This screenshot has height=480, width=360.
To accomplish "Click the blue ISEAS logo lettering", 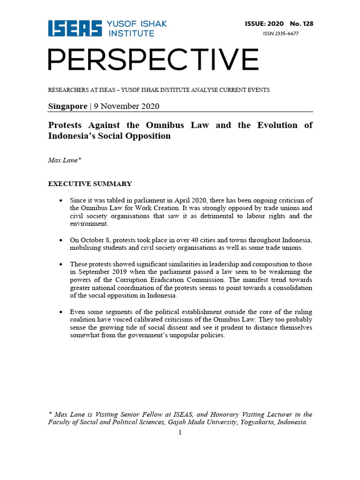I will [x=75, y=29].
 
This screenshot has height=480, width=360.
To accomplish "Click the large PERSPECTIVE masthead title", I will [x=153, y=60].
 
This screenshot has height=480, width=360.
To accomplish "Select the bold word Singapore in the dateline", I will [x=67, y=106].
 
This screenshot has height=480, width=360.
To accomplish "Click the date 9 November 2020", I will [x=126, y=106].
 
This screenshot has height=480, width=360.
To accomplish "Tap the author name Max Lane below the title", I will [x=64, y=160].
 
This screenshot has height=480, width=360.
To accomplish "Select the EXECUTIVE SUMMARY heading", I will [x=90, y=184].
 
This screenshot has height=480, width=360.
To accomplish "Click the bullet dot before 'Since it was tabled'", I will [x=61, y=201].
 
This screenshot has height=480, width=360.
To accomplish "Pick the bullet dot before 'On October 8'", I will [x=61, y=240].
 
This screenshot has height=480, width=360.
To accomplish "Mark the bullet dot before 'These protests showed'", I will [x=61, y=264].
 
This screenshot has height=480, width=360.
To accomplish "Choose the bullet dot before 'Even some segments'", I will [x=61, y=312].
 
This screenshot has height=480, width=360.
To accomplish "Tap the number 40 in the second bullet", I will [x=194, y=240].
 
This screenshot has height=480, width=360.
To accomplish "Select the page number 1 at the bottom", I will [x=180, y=432].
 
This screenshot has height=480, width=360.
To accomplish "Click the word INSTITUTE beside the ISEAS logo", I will [x=131, y=33].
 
